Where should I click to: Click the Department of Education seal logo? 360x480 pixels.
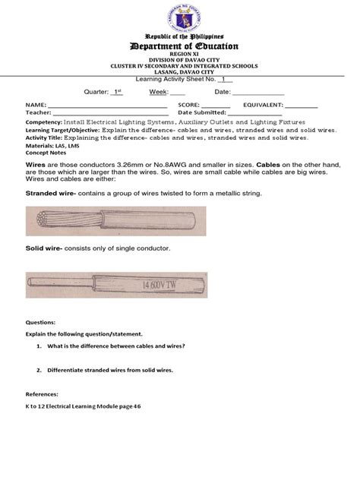point(180,17)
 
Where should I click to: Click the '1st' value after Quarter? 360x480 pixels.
point(116,92)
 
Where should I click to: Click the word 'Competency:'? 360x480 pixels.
point(49,122)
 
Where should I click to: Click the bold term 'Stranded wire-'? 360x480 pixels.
point(52,194)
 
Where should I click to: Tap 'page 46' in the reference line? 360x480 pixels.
point(130,406)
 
